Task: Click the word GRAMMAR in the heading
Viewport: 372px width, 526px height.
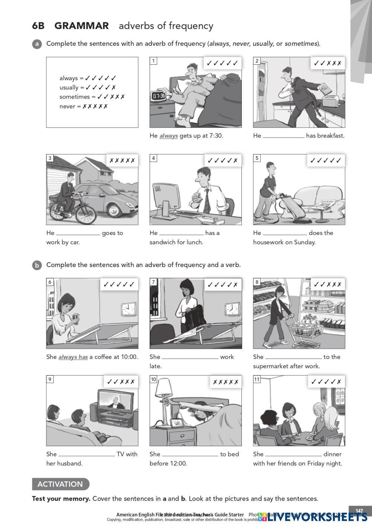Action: [x=81, y=26]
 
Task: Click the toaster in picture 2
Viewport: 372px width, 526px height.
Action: [x=330, y=100]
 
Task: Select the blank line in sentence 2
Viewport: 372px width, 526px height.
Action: [x=283, y=136]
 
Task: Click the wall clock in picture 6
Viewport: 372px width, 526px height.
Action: [x=128, y=309]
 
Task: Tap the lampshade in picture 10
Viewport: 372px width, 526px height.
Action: [x=164, y=388]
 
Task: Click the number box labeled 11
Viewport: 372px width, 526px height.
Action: [x=257, y=379]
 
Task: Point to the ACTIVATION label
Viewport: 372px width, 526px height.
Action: [x=60, y=484]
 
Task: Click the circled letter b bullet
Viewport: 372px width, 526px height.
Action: [x=37, y=265]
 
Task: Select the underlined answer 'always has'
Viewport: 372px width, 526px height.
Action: [x=73, y=357]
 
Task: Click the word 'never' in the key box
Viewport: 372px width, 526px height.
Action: [x=67, y=106]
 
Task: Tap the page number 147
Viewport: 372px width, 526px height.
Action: [x=359, y=511]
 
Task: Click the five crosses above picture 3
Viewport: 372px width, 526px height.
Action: [x=122, y=161]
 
